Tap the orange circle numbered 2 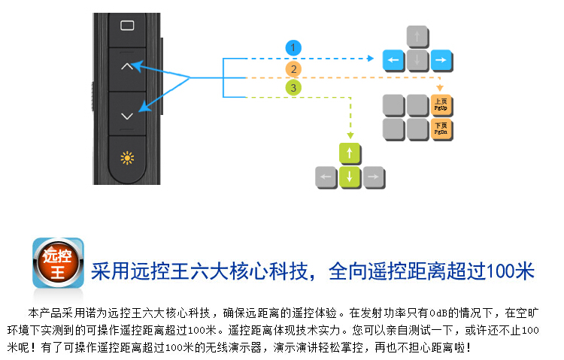[x=293, y=70]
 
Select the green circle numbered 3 [x=293, y=89]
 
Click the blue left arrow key [x=393, y=59]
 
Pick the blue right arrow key [x=441, y=59]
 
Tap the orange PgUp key [x=441, y=104]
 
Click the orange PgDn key [x=441, y=129]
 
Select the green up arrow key [x=349, y=154]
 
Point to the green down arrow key [x=349, y=178]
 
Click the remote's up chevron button [x=127, y=68]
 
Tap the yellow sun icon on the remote [x=127, y=158]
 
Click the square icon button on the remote [x=127, y=26]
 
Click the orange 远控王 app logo [x=57, y=262]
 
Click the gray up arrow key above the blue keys [x=417, y=36]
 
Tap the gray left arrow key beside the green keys [x=325, y=178]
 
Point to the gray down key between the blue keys [x=417, y=59]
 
